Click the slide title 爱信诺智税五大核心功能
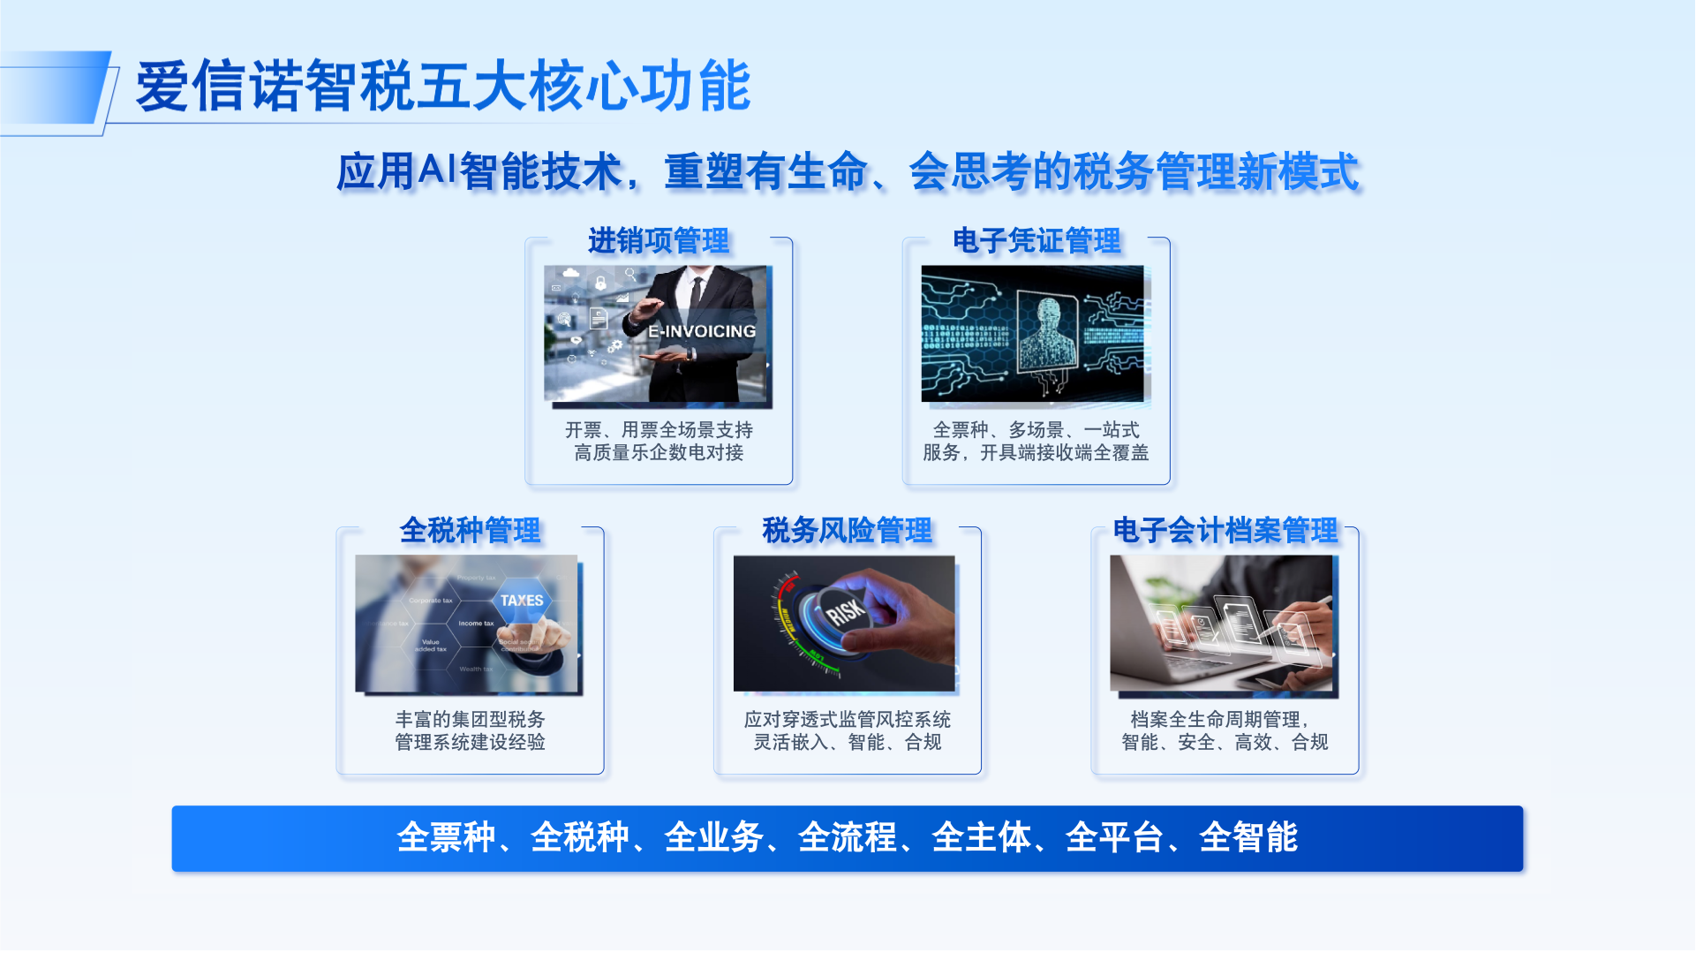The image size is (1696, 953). [x=443, y=87]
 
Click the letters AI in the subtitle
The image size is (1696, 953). [x=437, y=169]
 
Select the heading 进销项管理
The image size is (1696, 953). [x=659, y=240]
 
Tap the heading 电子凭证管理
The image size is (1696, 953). [x=1036, y=240]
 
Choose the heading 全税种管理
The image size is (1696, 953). [x=470, y=530]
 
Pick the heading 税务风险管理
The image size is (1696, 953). [x=848, y=530]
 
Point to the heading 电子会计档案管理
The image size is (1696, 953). [x=1225, y=530]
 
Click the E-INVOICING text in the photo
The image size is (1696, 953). [x=702, y=331]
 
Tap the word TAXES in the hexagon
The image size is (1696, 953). [x=522, y=600]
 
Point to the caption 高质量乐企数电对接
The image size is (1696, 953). [x=659, y=453]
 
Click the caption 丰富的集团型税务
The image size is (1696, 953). [x=470, y=720]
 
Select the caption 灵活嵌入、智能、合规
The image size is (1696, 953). [x=848, y=743]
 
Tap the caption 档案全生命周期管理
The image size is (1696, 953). [x=1216, y=720]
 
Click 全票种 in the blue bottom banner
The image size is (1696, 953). [x=447, y=837]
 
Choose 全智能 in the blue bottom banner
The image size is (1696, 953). [x=1248, y=837]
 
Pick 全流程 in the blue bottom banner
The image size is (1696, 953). [x=848, y=837]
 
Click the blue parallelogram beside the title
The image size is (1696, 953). [x=55, y=87]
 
